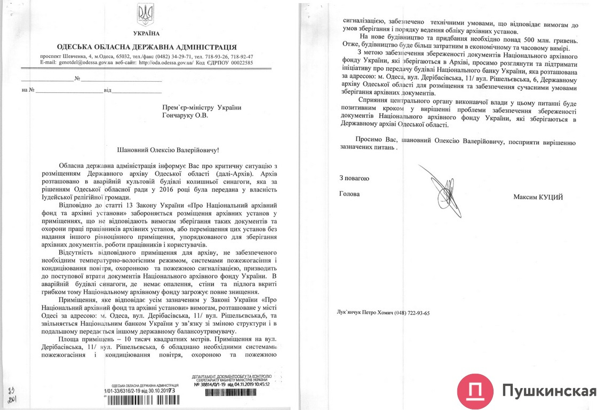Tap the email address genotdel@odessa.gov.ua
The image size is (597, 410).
click(x=83, y=62)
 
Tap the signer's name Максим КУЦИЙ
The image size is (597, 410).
click(x=538, y=198)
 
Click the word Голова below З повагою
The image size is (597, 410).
click(x=349, y=194)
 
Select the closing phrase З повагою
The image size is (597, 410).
click(x=354, y=178)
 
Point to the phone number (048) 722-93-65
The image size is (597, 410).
click(x=412, y=313)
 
